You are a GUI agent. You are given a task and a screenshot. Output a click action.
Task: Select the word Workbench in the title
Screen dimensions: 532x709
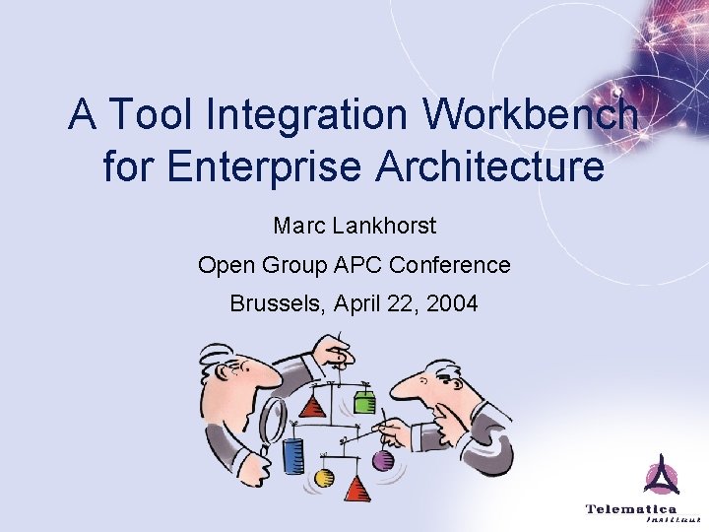[533, 116]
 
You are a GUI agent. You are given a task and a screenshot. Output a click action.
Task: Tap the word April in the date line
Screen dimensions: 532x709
[363, 303]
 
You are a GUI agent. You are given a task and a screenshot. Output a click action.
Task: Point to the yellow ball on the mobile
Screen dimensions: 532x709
[324, 479]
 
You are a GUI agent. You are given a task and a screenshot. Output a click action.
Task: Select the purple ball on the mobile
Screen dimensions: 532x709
[383, 460]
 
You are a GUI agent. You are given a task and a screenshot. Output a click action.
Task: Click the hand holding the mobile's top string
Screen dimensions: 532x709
[338, 350]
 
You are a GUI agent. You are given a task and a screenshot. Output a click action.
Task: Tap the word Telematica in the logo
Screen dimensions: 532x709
[631, 509]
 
